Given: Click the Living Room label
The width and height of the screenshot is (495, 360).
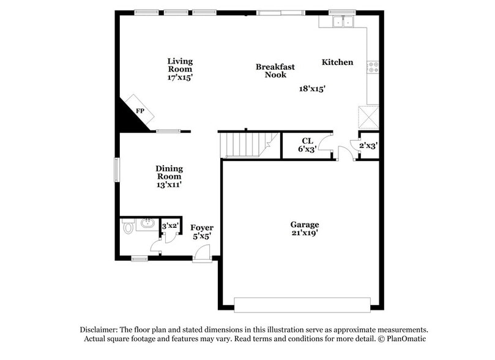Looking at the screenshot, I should pos(180,69).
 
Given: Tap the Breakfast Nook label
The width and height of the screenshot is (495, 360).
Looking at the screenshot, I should pos(275,70).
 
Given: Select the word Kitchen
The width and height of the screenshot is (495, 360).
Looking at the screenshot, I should pos(337,62).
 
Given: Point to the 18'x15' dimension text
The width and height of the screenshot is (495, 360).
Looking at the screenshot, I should pos(311,88).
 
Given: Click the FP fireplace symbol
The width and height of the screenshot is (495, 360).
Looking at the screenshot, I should pos(140,111).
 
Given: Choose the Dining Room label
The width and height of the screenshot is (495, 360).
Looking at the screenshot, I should pos(169,176).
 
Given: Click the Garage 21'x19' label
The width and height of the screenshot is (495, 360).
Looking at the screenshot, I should pos(304,228).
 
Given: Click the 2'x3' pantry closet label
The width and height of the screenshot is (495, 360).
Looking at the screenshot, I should pos(368,146).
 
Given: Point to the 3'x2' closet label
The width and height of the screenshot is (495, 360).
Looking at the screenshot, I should pos(169,227).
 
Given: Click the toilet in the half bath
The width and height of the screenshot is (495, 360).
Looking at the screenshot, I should pos(128,228).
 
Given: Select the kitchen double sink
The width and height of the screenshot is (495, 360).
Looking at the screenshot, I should pos(341,22).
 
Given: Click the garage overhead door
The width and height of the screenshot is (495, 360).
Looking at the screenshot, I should pos(302,304).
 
